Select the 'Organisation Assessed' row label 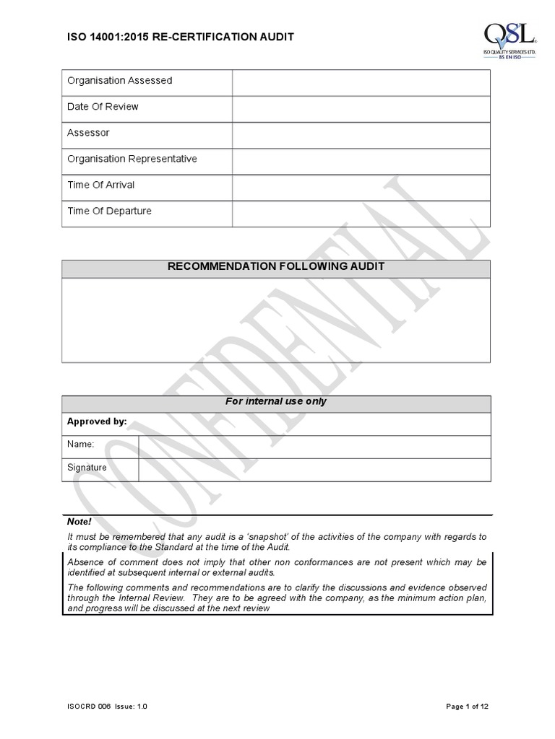coord(120,81)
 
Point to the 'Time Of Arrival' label coord(101,185)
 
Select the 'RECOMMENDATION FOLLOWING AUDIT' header coord(276,266)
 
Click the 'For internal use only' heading coord(276,401)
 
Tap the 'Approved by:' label coord(97,421)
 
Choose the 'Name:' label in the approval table coord(81,445)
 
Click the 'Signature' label coord(87,468)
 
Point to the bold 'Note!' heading coord(79,521)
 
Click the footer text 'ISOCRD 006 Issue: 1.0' coord(108,707)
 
